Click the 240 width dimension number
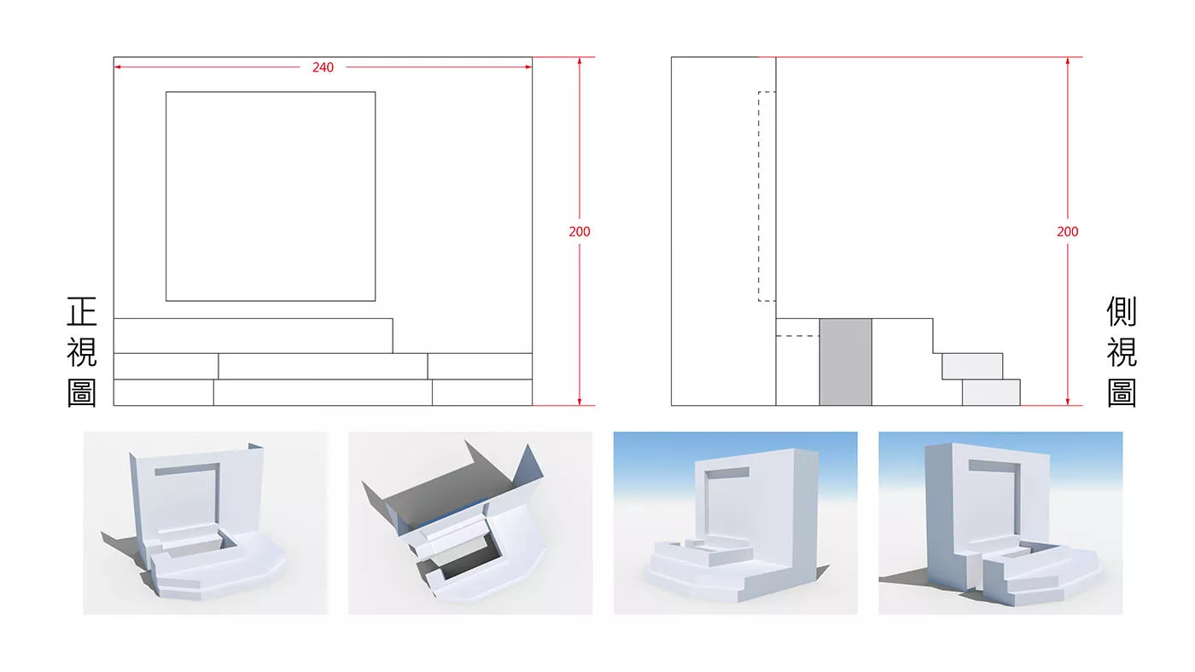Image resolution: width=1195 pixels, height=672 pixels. coord(323,67)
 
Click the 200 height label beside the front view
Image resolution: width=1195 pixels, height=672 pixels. coord(580,232)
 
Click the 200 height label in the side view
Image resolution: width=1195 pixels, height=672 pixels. coord(1068,232)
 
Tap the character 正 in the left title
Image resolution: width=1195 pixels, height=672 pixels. coord(82,311)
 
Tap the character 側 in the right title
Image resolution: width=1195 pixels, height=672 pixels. coord(1122,311)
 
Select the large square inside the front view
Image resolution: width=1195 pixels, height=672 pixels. coord(271,197)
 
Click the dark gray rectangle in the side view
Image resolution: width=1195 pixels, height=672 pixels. coord(846,362)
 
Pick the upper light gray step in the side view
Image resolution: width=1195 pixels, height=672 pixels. coord(972,366)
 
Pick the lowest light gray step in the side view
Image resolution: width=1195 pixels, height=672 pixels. coord(991,393)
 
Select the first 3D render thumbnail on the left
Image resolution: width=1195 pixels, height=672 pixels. coord(206,523)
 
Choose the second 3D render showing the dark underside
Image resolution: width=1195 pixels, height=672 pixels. coord(470,523)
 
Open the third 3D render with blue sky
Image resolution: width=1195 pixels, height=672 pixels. coord(735,523)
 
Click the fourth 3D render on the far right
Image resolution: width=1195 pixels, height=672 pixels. coord(1000,523)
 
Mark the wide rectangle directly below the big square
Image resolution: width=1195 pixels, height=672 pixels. coord(253,336)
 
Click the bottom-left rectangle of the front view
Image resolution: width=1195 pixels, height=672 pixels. coord(163,393)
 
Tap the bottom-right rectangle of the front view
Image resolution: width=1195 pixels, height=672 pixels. coord(482,393)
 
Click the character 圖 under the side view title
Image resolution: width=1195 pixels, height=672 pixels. coord(1122,393)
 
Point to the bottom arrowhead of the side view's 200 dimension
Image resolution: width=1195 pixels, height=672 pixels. coord(1068,402)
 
